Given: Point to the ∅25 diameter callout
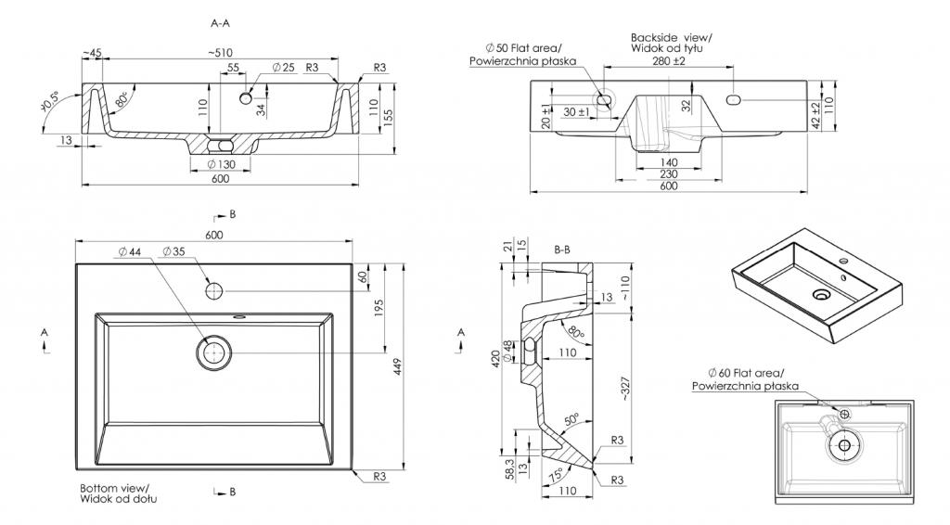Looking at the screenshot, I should (x=283, y=68).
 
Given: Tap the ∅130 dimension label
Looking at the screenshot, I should (x=220, y=164).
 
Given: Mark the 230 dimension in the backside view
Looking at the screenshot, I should (x=669, y=173).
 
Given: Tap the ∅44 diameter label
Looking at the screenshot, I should (x=131, y=251).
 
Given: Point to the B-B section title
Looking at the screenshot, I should (x=561, y=250).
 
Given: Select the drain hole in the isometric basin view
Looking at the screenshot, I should (x=820, y=295).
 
